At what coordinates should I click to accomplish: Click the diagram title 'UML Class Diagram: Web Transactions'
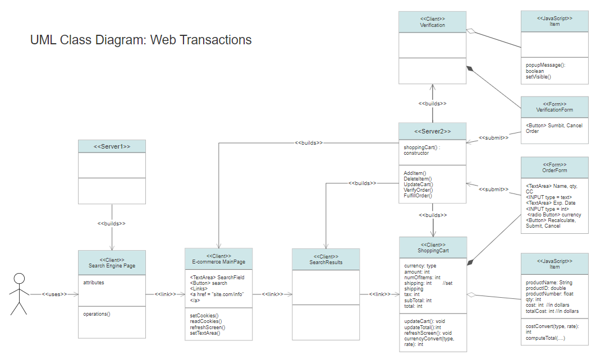coord(141,40)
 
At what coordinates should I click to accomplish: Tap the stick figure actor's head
coord(19,278)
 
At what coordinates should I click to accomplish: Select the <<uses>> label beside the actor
coord(54,294)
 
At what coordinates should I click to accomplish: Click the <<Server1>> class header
coord(112,146)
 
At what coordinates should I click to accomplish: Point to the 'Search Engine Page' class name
coord(112,266)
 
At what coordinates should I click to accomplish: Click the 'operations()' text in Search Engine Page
coord(97,314)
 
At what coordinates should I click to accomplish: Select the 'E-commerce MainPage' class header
coord(218,259)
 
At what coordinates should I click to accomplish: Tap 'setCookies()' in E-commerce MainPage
coord(204,316)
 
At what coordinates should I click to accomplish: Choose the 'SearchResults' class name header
coord(325,260)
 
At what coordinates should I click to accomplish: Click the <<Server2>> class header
coord(432,131)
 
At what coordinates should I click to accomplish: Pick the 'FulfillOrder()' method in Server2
coord(418,196)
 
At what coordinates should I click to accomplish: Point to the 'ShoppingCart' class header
coord(433,248)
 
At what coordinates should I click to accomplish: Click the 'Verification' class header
coord(432,22)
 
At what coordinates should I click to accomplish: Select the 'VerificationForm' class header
coord(554,107)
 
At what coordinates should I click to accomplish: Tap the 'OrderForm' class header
coord(554,168)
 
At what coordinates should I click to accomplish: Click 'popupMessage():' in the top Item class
coord(545,65)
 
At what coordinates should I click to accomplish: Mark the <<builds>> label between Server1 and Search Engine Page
coord(111,223)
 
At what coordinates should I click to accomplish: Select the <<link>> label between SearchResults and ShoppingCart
coord(380,294)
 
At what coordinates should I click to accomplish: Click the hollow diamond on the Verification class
coord(471,31)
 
